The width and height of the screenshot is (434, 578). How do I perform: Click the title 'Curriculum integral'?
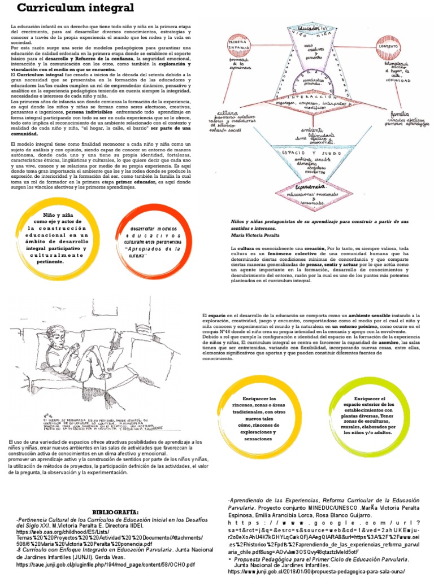[x=76, y=8]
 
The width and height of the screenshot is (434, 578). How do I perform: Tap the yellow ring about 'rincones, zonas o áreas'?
[x=253, y=418]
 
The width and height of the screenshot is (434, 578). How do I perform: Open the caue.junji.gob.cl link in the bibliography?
[x=105, y=564]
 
